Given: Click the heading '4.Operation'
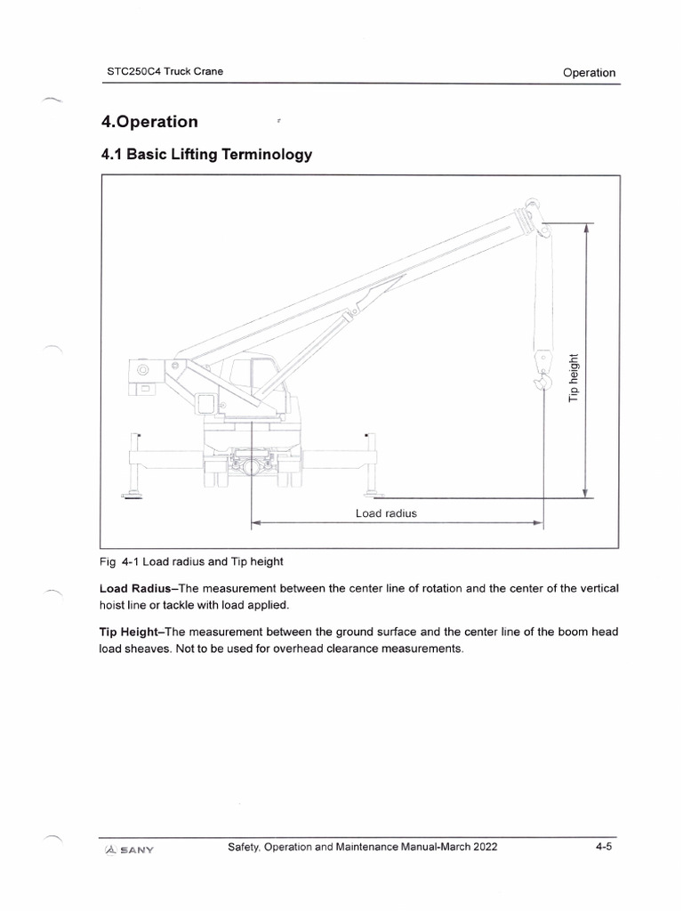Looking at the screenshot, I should pos(149,121).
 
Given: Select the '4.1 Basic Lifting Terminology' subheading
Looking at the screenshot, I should pos(206,155).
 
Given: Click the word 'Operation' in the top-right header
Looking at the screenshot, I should pos(589,73).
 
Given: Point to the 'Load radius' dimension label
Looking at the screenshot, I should pos(386,513).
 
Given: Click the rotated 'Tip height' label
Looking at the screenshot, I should pos(574,377).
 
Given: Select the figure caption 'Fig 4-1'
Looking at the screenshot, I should pos(124,561).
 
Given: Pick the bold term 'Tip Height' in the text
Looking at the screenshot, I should pos(131,632).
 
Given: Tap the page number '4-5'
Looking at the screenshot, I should pos(605,848).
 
